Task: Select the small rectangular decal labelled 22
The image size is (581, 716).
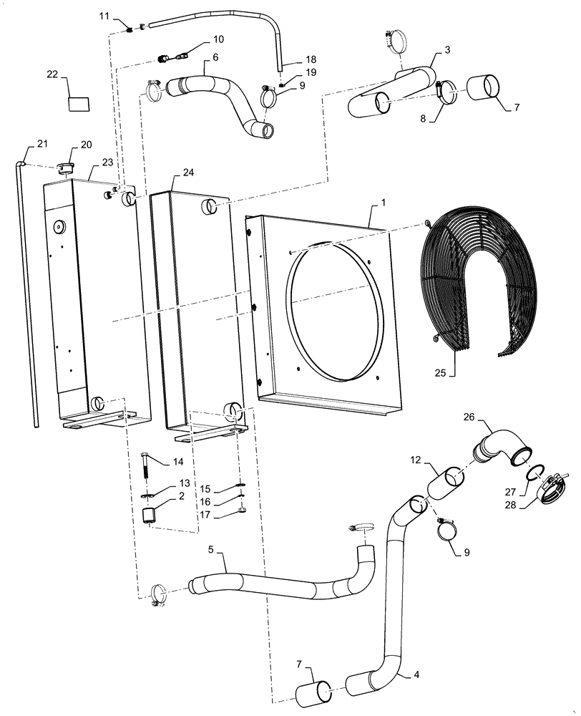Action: (79, 103)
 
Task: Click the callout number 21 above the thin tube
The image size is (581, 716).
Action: (42, 145)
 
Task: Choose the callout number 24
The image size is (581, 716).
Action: (188, 173)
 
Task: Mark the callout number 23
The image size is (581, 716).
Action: (108, 162)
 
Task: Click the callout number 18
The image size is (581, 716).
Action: (291, 59)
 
